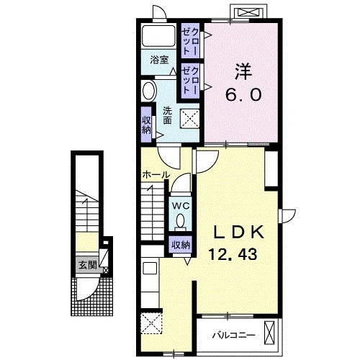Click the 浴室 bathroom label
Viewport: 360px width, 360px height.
click(159, 60)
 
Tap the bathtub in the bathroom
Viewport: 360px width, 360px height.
click(158, 35)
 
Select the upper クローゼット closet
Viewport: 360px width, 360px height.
click(190, 41)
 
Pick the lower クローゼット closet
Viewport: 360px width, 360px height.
click(190, 81)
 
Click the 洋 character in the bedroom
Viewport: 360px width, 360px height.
click(243, 71)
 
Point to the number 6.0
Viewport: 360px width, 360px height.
click(243, 94)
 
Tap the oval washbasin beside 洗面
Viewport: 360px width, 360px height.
click(148, 91)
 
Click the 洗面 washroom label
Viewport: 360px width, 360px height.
click(167, 115)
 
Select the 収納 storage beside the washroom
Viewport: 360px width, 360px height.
click(146, 125)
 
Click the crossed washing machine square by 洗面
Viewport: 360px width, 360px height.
click(190, 119)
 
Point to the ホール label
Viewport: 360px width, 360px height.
click(156, 175)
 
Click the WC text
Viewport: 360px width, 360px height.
click(180, 206)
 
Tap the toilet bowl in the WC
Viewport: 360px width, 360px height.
click(180, 222)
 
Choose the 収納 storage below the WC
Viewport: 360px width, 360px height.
click(181, 245)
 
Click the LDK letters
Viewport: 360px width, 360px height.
click(238, 232)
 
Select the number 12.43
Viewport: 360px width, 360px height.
click(233, 254)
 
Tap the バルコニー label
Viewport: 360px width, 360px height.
click(233, 335)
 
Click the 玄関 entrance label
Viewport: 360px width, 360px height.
click(88, 265)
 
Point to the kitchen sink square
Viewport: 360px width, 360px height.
click(150, 269)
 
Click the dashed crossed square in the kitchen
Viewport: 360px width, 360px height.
click(151, 323)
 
